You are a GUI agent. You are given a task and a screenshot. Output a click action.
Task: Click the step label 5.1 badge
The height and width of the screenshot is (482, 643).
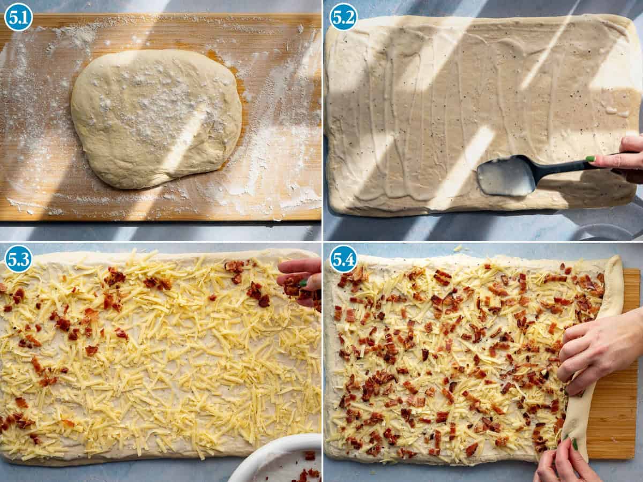click(x=18, y=17)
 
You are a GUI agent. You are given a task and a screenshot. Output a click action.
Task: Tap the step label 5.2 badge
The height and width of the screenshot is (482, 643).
click(x=343, y=17)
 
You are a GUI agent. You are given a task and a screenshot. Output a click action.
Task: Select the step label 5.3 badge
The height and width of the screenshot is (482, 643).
click(x=18, y=259)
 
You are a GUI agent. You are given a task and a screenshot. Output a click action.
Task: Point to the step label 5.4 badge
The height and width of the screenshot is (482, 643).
click(x=343, y=259)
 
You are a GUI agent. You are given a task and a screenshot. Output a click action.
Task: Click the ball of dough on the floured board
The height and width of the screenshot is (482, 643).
click(x=155, y=118)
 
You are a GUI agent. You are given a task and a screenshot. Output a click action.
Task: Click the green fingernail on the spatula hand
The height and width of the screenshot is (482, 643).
click(x=590, y=159)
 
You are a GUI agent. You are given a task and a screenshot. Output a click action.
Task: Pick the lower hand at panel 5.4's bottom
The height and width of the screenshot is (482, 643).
click(x=565, y=463)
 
